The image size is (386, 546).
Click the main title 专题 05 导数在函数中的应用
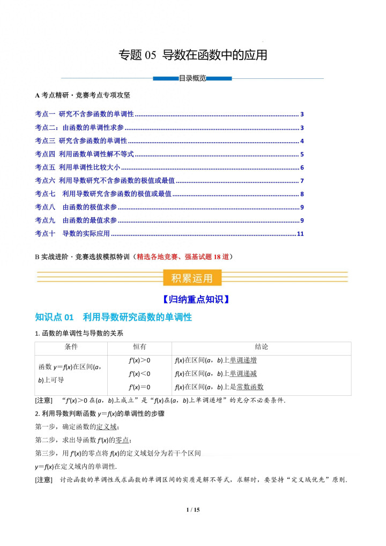(192, 55)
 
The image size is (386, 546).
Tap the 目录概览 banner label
(192, 78)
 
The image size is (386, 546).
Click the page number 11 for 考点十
(300, 234)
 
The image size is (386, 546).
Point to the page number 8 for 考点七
(302, 194)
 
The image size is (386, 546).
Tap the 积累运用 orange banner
(192, 278)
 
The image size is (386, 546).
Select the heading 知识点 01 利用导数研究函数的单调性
(113, 317)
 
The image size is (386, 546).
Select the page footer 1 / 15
(192, 510)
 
